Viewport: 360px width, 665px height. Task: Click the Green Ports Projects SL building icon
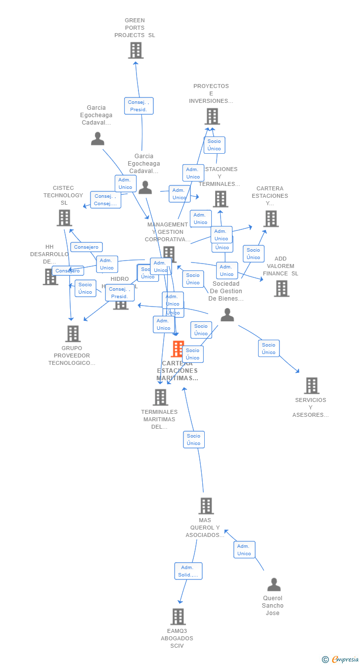click(135, 50)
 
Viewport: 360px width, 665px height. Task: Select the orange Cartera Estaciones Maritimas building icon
click(177, 349)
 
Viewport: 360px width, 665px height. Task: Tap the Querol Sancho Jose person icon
click(273, 585)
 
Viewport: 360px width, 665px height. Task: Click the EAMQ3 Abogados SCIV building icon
click(178, 617)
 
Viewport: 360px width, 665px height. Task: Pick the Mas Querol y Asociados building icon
click(206, 506)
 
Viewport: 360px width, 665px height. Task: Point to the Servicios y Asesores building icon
click(312, 386)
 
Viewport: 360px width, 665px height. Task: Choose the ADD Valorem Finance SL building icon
click(281, 288)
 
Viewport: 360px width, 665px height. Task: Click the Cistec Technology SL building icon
click(64, 218)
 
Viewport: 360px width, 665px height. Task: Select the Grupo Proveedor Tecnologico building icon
click(73, 334)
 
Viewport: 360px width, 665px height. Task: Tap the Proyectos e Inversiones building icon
click(212, 117)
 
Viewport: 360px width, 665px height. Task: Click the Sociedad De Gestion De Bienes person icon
click(227, 315)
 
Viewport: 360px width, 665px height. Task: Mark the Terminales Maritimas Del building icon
click(160, 397)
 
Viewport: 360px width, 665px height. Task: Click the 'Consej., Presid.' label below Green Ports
click(138, 106)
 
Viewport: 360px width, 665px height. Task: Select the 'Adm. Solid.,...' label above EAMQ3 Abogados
click(188, 571)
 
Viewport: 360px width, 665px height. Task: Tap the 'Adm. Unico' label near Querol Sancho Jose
click(244, 550)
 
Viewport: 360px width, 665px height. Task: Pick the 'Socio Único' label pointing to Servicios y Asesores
click(269, 349)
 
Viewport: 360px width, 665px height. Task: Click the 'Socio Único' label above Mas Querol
click(194, 440)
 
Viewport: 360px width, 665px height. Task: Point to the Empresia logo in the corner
click(341, 659)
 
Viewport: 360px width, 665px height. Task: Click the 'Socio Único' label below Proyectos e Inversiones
click(214, 145)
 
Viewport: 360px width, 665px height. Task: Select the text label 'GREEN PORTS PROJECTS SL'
click(135, 28)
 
